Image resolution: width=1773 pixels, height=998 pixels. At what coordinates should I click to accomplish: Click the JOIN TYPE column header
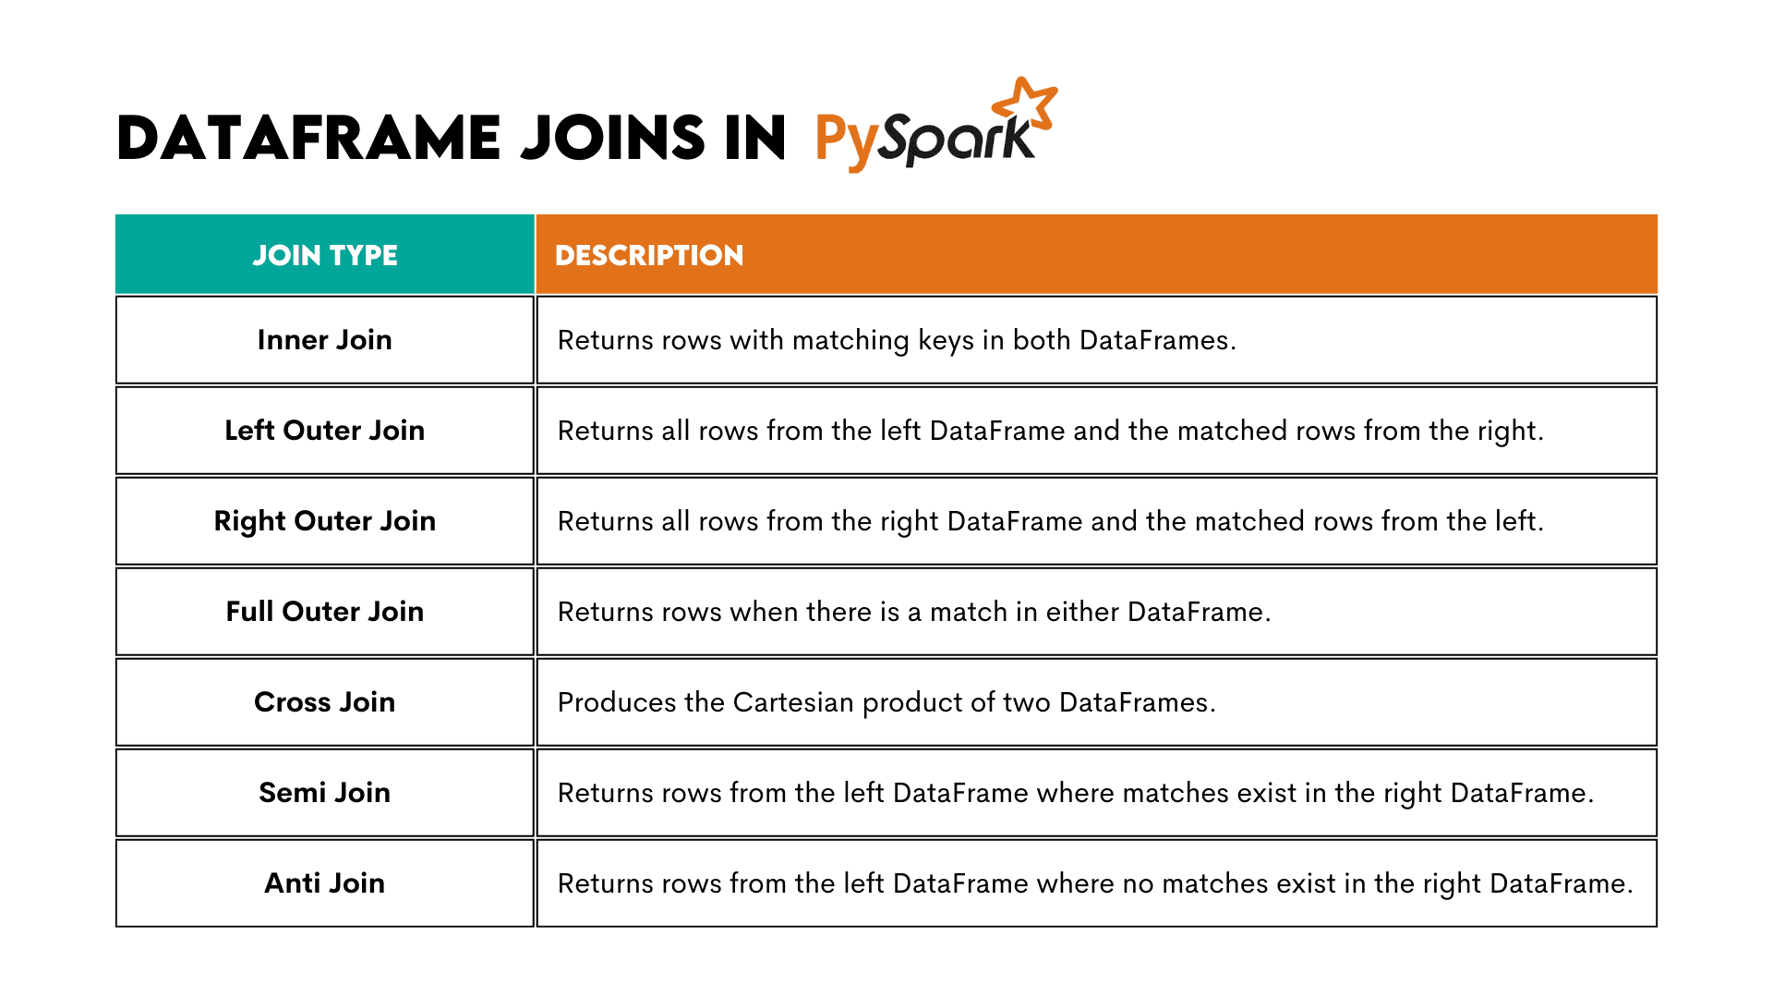(325, 255)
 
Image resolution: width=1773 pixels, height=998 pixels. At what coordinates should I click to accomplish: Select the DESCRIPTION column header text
(649, 255)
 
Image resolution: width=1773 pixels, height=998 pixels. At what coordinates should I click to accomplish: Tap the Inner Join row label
(325, 340)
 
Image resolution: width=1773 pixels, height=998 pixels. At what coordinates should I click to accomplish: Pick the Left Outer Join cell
(325, 431)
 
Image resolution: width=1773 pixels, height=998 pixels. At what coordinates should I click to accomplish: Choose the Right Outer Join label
(325, 521)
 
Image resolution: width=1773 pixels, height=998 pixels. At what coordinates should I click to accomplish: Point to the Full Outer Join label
(325, 612)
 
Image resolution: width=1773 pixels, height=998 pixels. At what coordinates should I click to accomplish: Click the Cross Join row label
(325, 702)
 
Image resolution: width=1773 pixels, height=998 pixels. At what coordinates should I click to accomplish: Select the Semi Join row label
(325, 793)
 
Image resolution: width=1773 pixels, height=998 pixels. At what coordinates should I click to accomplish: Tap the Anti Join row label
(325, 883)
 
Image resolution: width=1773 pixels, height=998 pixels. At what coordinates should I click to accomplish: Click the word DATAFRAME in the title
(309, 139)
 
